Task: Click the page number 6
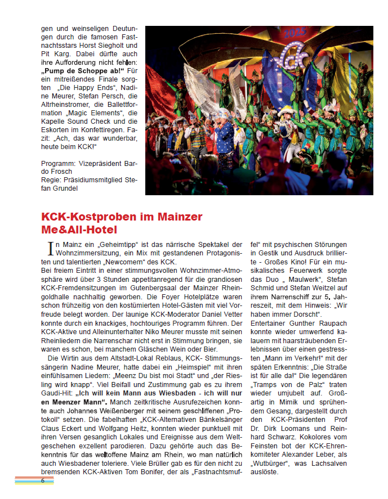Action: (42, 480)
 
